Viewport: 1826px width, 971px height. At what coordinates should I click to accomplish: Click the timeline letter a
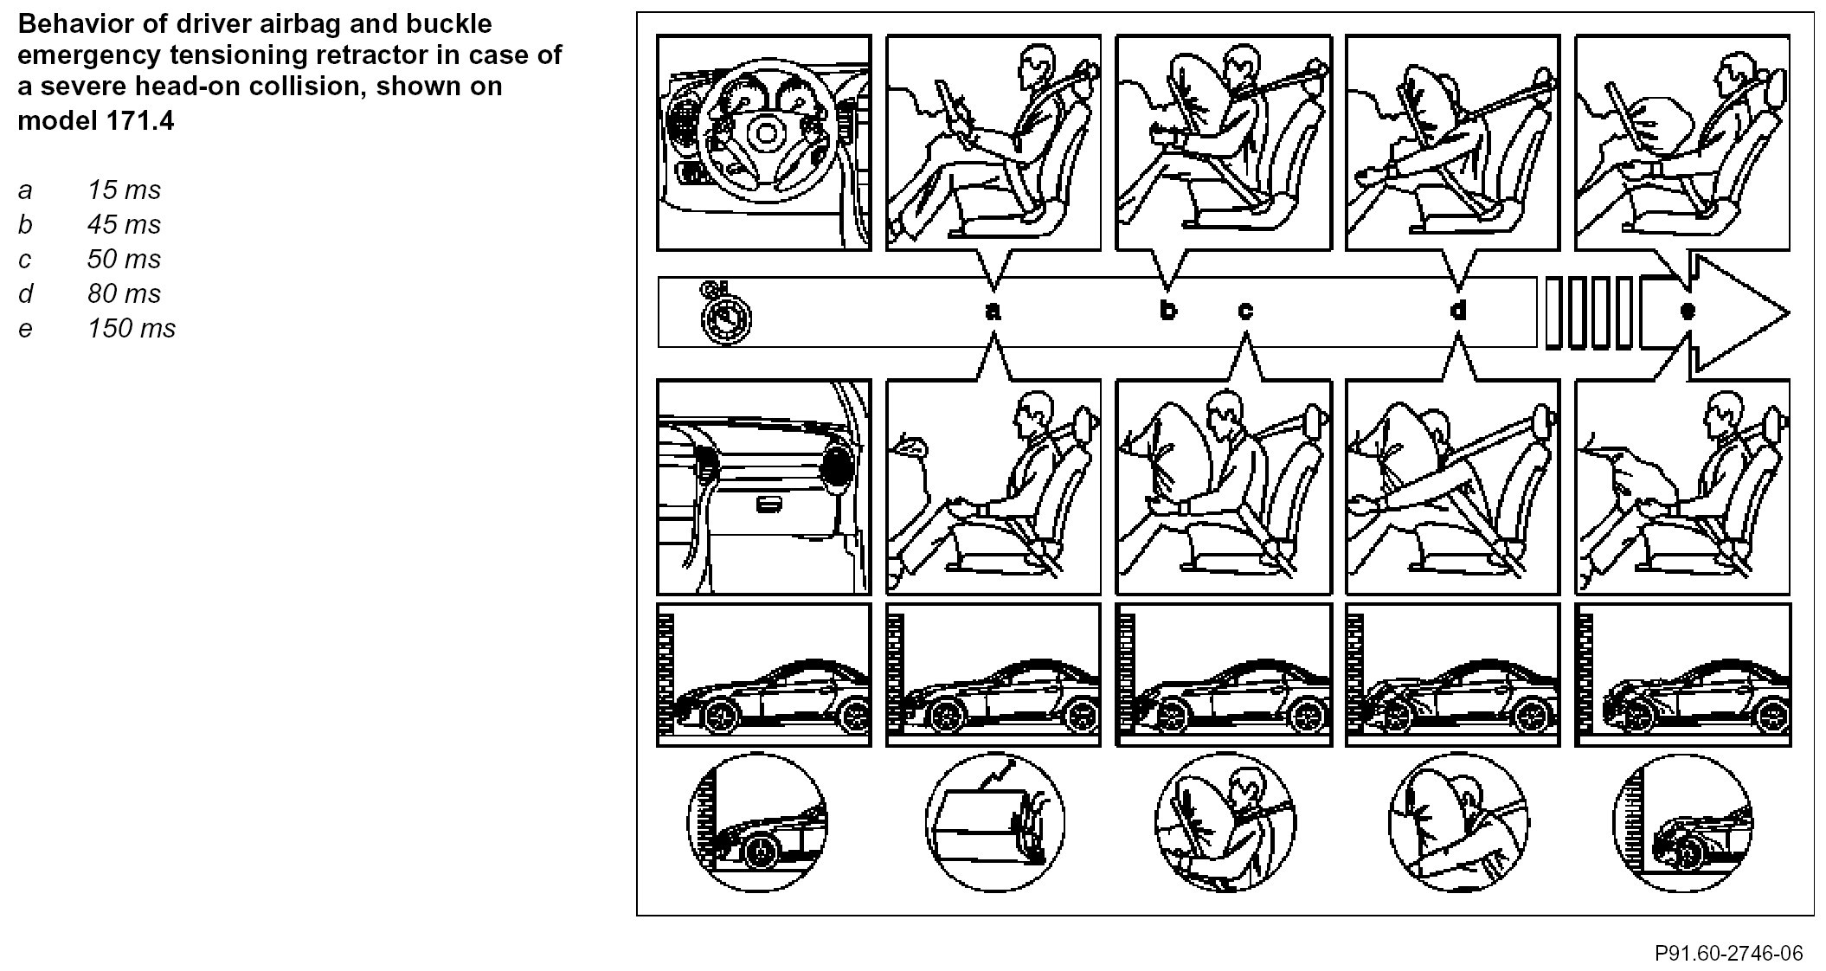(993, 312)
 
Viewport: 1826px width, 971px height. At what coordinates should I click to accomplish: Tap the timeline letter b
(1167, 310)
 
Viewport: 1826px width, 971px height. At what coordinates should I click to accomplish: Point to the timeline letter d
(1458, 310)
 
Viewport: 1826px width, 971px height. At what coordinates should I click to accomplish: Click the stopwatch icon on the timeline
(725, 313)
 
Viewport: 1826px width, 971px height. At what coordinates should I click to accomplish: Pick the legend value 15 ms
(124, 190)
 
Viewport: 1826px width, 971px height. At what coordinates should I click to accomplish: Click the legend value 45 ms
(124, 225)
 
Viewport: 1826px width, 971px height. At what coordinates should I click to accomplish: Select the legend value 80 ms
(124, 294)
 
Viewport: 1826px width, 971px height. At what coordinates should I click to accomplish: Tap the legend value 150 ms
(131, 329)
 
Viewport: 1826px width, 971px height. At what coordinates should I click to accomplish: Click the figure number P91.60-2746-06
(1728, 953)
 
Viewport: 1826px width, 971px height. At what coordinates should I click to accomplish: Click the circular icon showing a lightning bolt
(994, 822)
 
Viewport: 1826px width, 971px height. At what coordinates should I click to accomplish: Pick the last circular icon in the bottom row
(1681, 822)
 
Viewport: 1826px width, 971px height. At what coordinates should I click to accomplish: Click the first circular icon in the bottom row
(757, 822)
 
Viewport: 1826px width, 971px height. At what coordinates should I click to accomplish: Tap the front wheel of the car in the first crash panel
(718, 716)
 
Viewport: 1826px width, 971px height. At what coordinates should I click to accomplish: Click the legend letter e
(25, 329)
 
